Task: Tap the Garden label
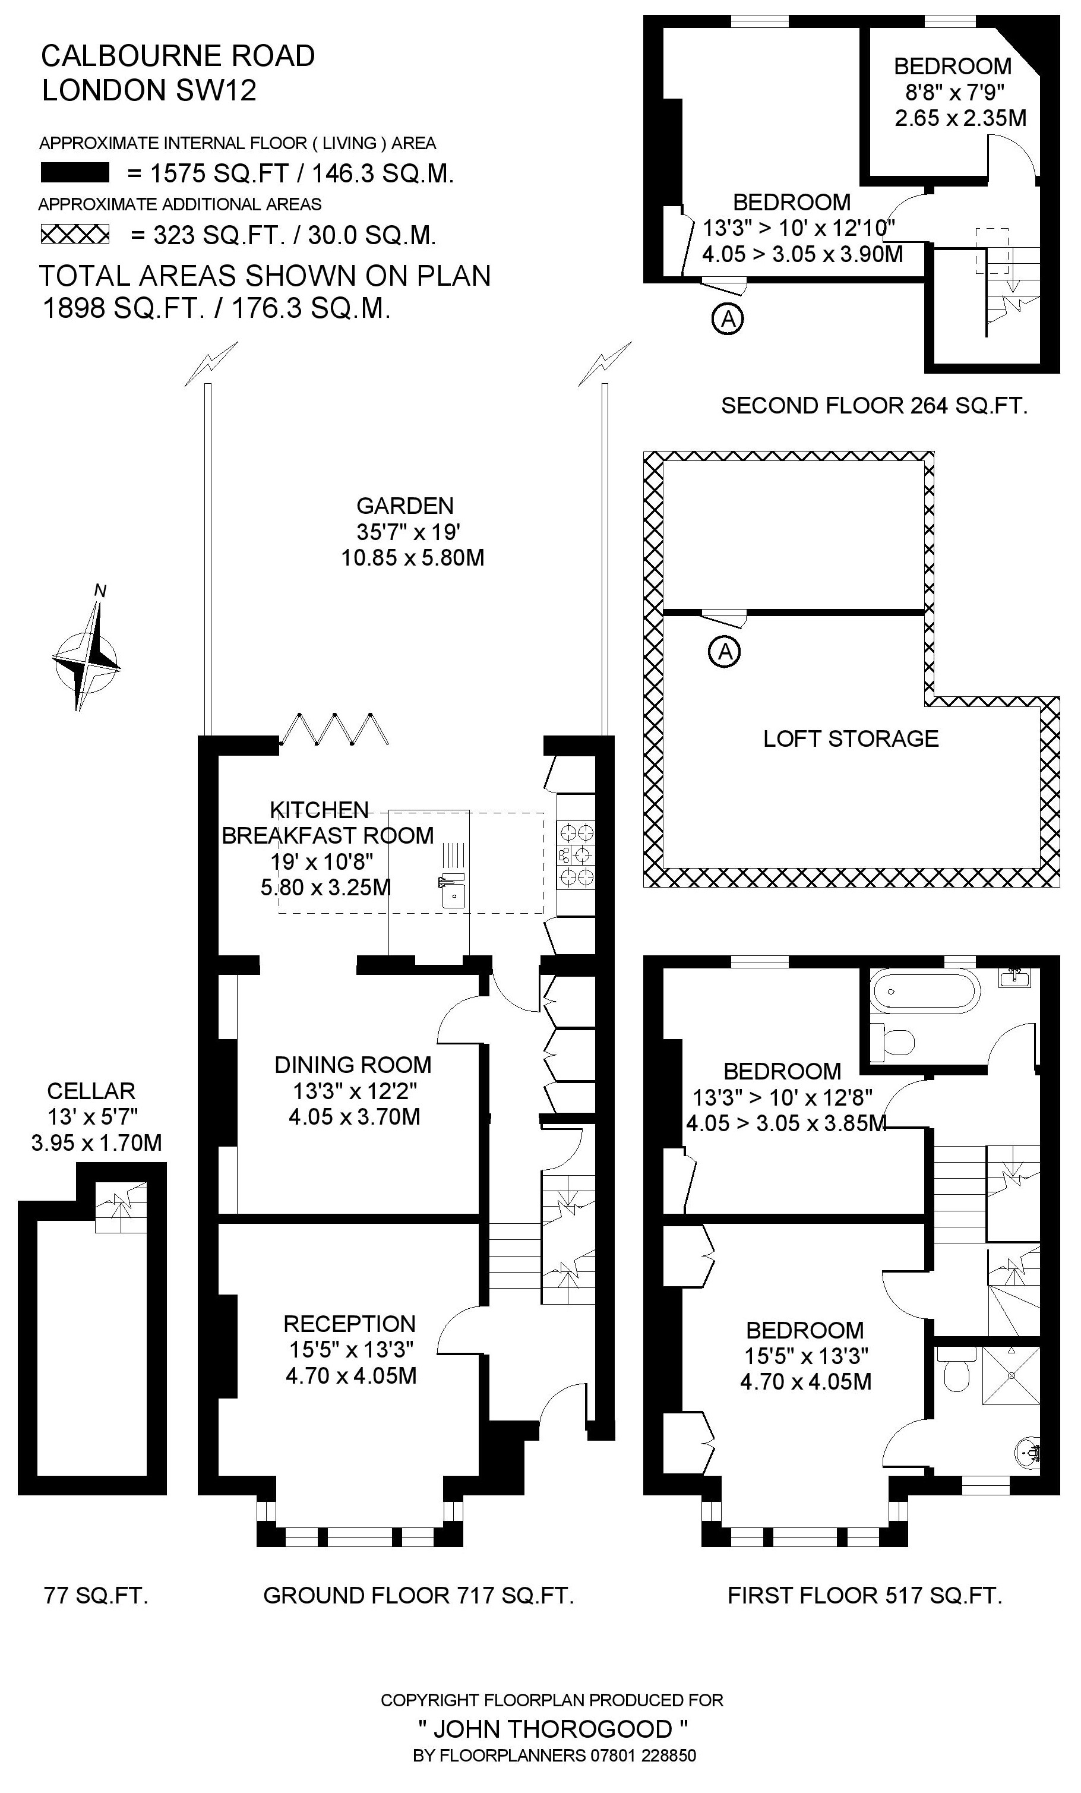click(404, 506)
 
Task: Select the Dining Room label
click(353, 1065)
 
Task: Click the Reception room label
click(349, 1324)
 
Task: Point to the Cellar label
click(91, 1091)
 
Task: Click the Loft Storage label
click(851, 738)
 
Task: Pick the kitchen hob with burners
click(576, 854)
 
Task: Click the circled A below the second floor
click(728, 318)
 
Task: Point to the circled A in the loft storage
click(725, 651)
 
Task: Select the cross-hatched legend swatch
click(74, 234)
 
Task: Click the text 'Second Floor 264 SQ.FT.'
click(874, 405)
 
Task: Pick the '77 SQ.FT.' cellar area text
click(96, 1596)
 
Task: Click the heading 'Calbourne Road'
click(178, 56)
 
